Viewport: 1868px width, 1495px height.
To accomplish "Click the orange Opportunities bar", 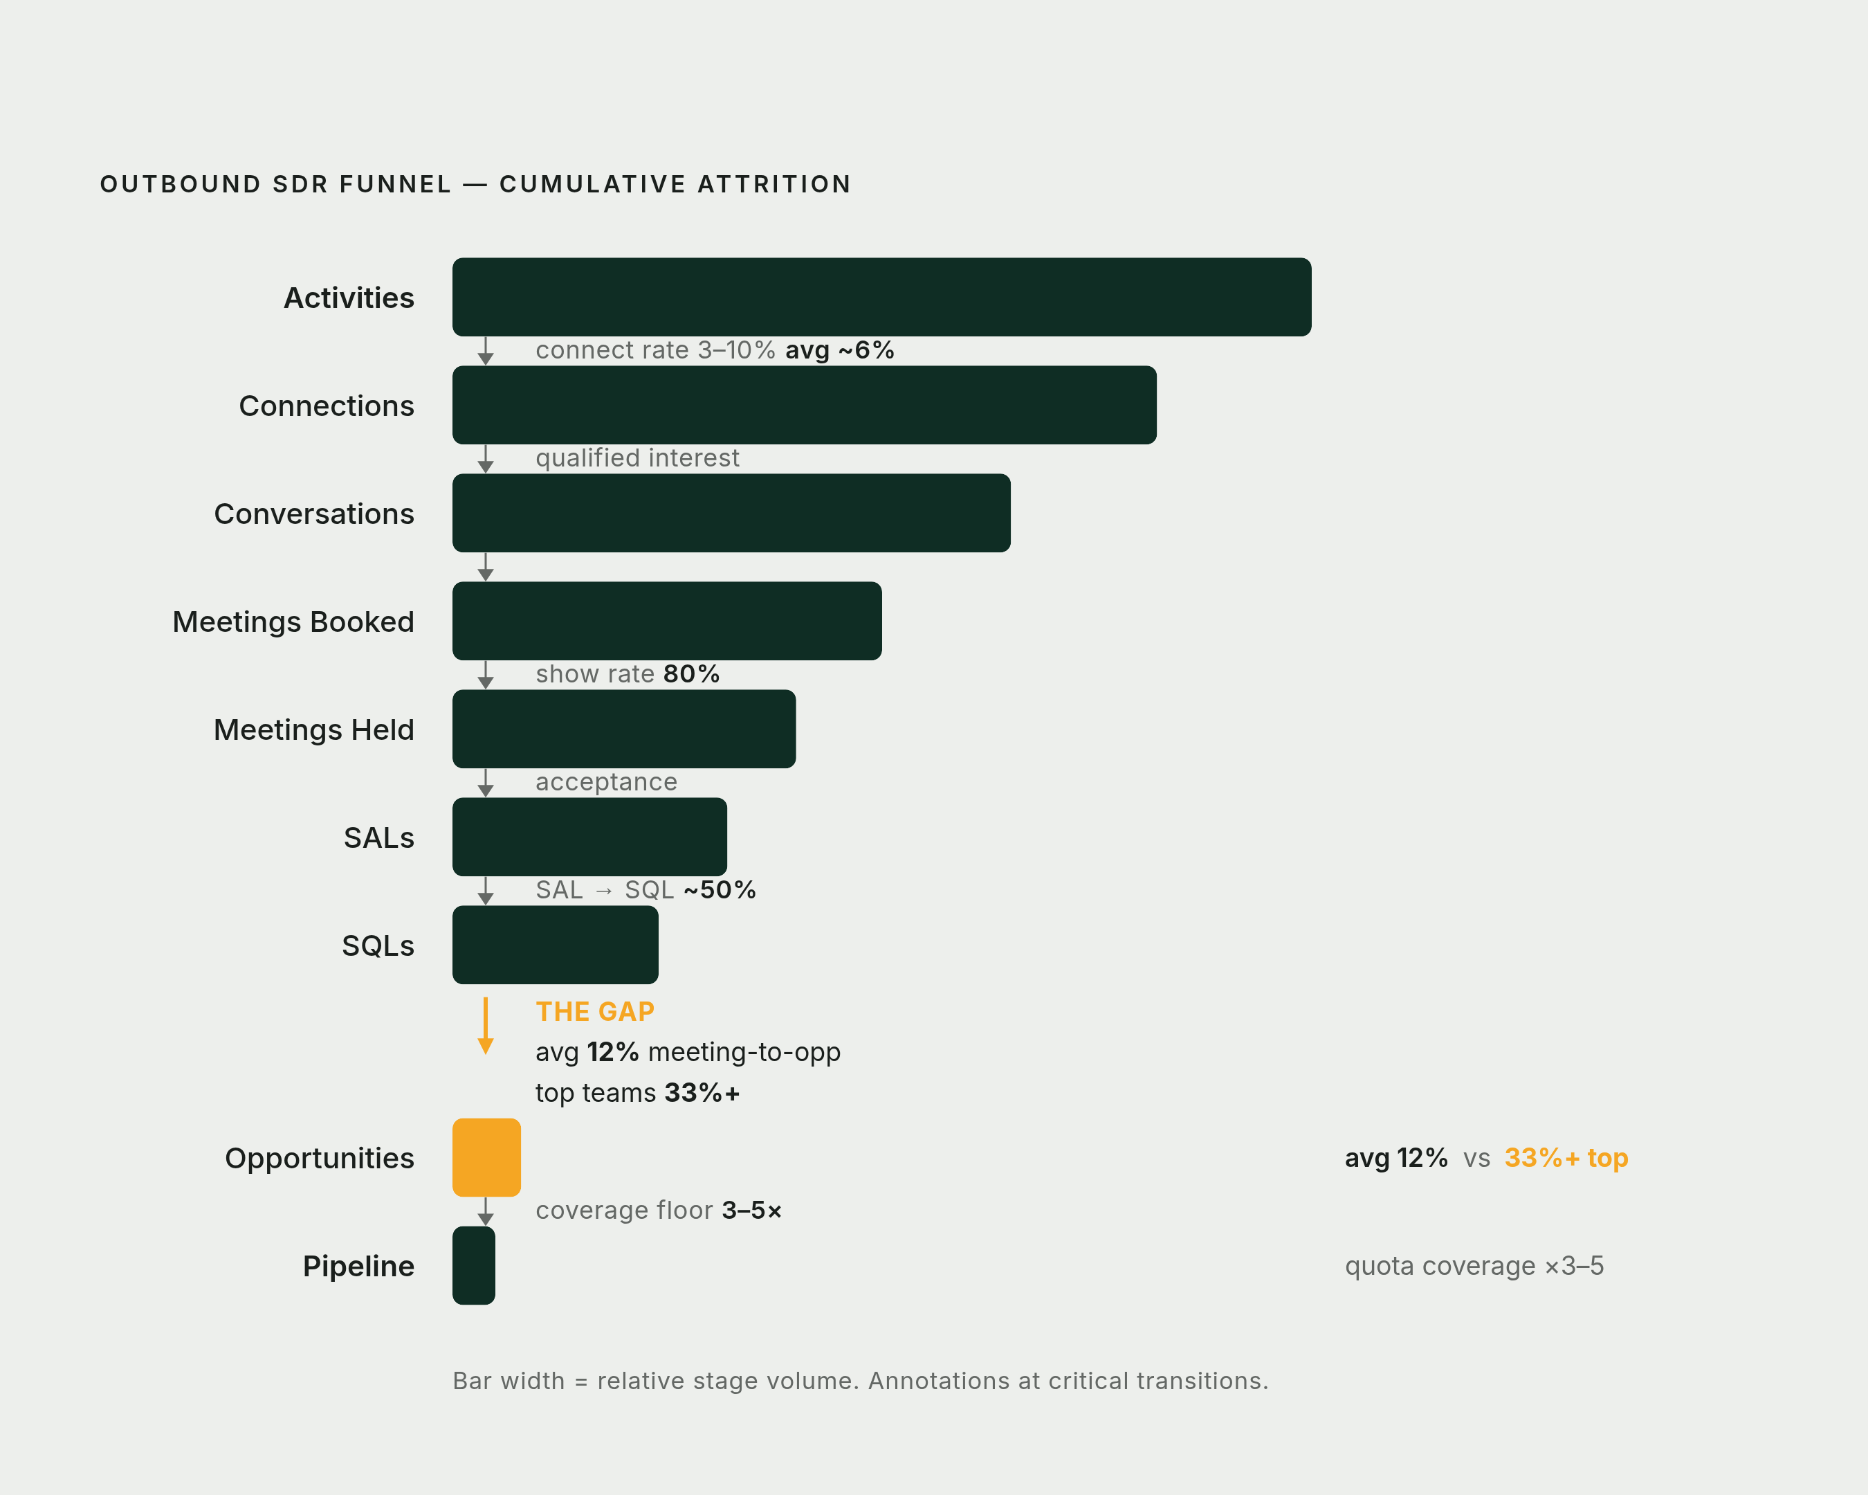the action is (x=486, y=1157).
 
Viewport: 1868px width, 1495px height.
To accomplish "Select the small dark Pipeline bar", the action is (x=474, y=1265).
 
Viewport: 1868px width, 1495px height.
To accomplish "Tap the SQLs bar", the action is (x=556, y=945).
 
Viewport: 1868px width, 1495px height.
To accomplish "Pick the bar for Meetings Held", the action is (x=624, y=729).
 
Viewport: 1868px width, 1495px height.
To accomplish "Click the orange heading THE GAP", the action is (x=595, y=1011).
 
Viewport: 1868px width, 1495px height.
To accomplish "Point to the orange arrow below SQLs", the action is (x=485, y=1025).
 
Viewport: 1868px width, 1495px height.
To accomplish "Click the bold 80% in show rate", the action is (x=691, y=674).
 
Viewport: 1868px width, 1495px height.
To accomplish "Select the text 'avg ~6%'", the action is (x=839, y=350).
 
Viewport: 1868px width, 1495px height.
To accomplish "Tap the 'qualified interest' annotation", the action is (x=638, y=457).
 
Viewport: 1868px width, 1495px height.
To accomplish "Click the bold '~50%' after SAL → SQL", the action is (x=719, y=890).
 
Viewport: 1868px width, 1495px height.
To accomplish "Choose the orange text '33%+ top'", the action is (x=1566, y=1158).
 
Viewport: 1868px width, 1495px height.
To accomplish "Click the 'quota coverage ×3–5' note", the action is (x=1474, y=1266).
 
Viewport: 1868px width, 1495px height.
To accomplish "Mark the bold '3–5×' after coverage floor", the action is (x=752, y=1211).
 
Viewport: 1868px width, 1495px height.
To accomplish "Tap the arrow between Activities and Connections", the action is (x=485, y=351).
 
